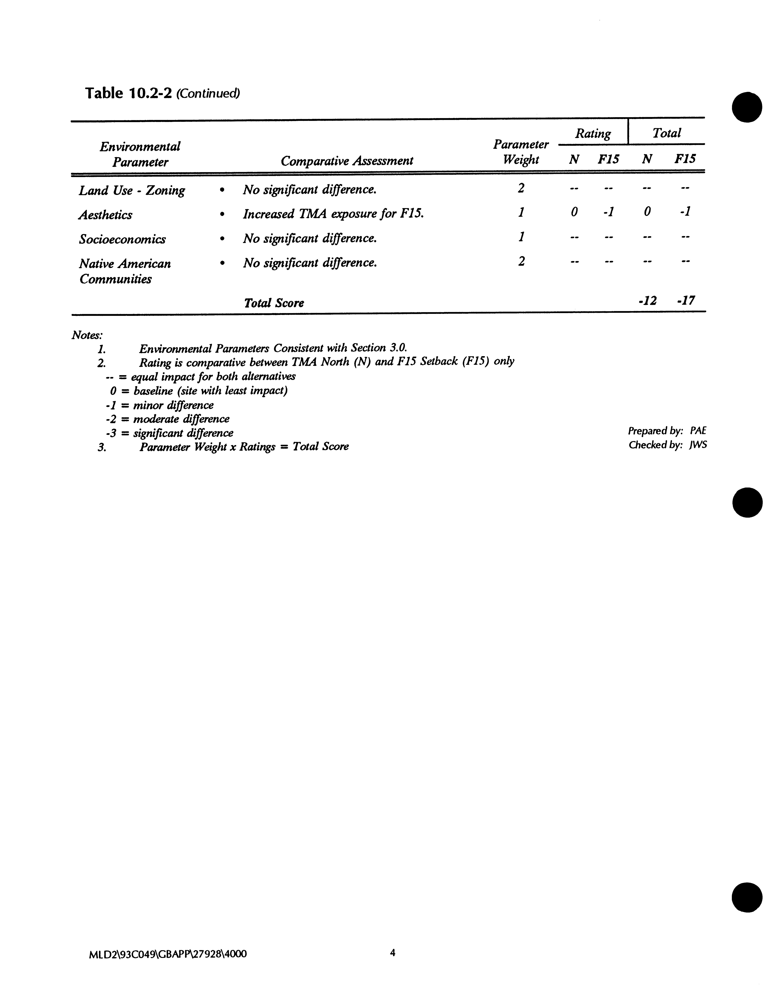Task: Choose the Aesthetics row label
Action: click(x=105, y=215)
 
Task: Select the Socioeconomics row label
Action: click(x=122, y=239)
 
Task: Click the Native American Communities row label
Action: click(x=125, y=271)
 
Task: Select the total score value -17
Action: click(x=686, y=301)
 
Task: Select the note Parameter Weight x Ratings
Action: click(x=244, y=446)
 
